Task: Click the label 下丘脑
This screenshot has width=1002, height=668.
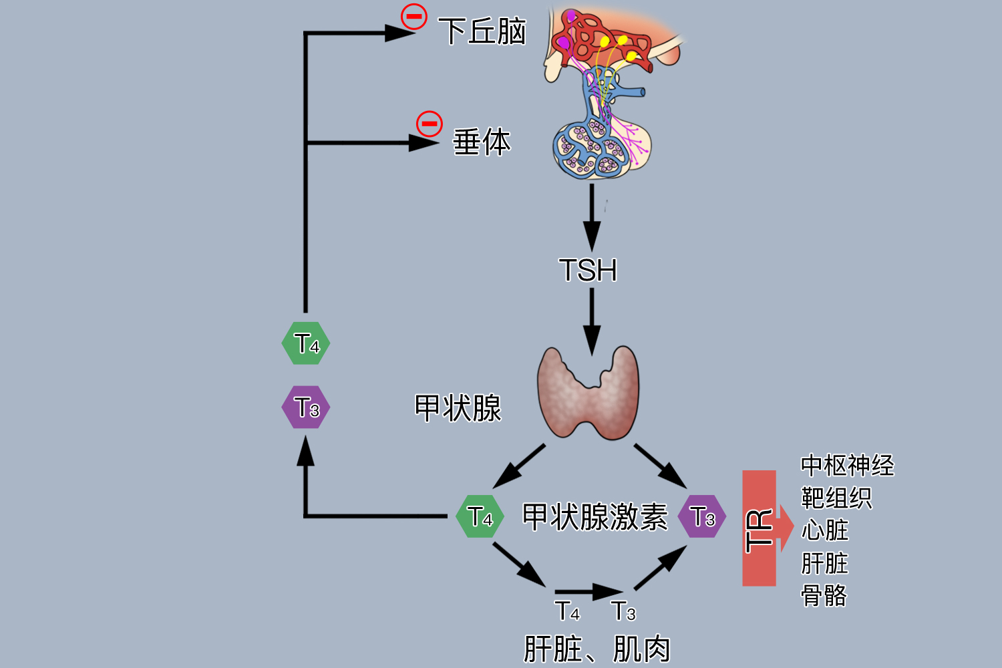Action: click(482, 31)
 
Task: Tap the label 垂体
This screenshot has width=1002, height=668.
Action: click(482, 142)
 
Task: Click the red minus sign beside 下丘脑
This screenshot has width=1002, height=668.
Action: click(414, 16)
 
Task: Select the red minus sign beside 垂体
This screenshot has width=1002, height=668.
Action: click(430, 124)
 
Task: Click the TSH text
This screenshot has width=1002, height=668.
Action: click(588, 271)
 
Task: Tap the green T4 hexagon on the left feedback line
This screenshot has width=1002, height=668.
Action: click(306, 343)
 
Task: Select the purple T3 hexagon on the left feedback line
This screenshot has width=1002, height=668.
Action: click(306, 407)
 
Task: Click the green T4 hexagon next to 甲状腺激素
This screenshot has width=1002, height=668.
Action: click(480, 516)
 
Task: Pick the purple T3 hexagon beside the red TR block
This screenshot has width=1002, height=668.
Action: click(701, 516)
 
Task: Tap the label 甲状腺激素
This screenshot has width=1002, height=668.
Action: click(595, 516)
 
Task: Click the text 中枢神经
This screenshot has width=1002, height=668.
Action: click(847, 466)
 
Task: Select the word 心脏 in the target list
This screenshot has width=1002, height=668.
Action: click(825, 530)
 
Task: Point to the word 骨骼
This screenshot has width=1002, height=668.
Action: click(824, 595)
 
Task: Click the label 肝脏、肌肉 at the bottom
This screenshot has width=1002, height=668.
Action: click(597, 649)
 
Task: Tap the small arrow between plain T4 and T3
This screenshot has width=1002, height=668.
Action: click(588, 591)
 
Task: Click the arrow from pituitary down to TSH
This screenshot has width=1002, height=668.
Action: click(592, 217)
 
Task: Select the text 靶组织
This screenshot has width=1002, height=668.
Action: click(836, 498)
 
